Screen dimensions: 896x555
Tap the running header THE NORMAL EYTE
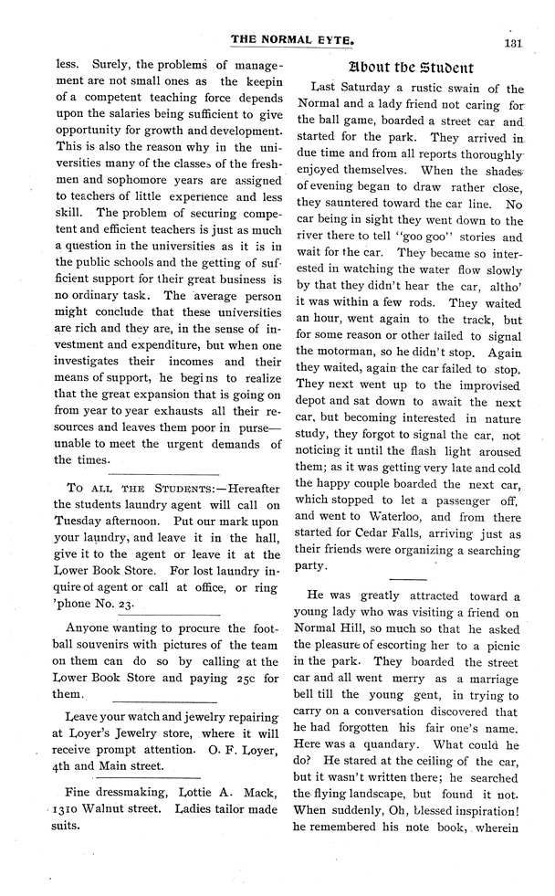point(290,40)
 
